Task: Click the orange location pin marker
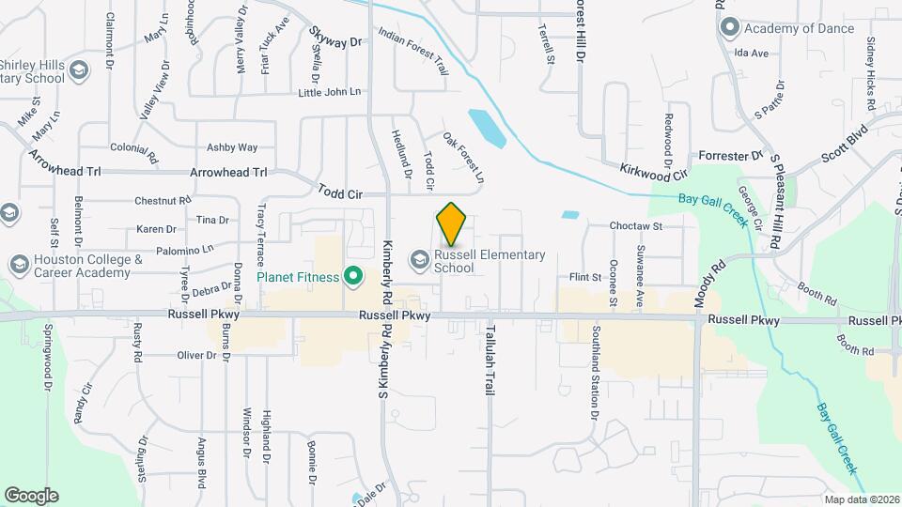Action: coord(451,224)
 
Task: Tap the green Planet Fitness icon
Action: coord(353,276)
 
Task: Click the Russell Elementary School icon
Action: coord(420,260)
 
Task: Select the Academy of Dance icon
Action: coord(728,28)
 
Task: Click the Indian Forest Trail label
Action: coord(413,51)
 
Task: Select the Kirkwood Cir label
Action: coord(654,171)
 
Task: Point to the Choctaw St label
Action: coord(636,226)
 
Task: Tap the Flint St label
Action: coord(585,277)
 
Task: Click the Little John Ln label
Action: coord(329,92)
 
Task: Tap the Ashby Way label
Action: coord(232,147)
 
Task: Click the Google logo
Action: coord(31,495)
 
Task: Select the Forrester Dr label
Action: coord(730,156)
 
